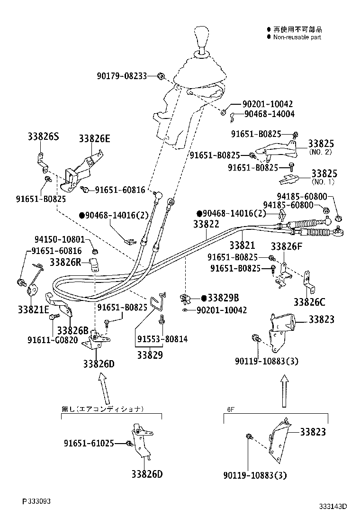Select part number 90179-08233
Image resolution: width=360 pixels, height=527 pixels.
[x=122, y=76]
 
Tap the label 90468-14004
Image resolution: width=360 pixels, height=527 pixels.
[x=270, y=114]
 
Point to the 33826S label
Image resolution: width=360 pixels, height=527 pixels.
[x=43, y=137]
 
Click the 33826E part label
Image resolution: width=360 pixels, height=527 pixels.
[x=94, y=138]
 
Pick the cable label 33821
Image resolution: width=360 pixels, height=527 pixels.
[x=242, y=245]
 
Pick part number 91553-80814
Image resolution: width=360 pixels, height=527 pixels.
[x=162, y=339]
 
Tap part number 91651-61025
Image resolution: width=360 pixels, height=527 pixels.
[x=89, y=444]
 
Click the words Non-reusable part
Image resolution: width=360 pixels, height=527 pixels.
[x=297, y=37]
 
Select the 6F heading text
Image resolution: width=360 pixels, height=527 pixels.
[x=231, y=408]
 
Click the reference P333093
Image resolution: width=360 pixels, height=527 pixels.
[x=36, y=501]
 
